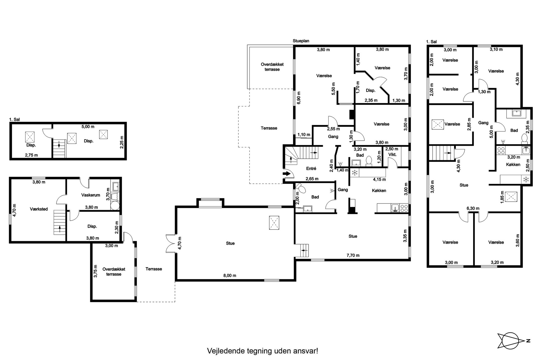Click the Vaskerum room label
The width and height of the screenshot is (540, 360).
point(91,195)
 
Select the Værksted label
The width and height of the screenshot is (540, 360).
point(39,209)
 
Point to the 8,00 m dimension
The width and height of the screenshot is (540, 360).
point(230,275)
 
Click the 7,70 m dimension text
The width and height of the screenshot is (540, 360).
point(353,255)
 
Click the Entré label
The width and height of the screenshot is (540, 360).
point(311,168)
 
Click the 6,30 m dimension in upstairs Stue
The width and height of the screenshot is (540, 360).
point(473,208)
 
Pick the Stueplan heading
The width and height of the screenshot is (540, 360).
point(301,41)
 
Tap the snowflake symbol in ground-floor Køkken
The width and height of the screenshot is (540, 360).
point(355,173)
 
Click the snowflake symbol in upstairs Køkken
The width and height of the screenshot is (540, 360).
point(526,180)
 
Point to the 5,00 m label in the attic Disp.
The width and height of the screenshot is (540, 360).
point(88,127)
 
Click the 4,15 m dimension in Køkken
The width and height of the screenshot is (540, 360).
point(379,179)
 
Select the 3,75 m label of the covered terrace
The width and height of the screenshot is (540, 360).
point(96,271)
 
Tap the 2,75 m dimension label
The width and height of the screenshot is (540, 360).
point(31,155)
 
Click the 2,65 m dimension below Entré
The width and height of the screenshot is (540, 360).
point(312,179)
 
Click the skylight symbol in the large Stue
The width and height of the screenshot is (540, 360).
point(274,223)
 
